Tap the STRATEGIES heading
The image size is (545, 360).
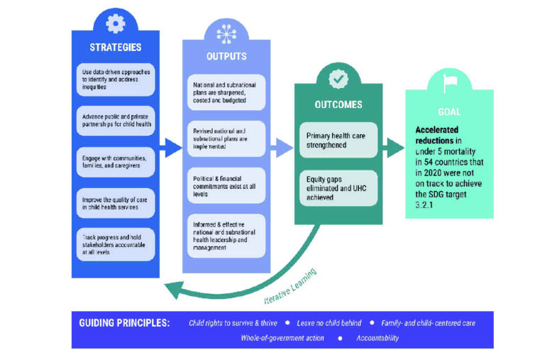coord(115,48)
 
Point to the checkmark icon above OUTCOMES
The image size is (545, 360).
coord(338,79)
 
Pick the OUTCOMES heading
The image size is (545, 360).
coord(338,104)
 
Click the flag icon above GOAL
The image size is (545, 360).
coord(448,84)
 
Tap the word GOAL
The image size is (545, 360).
coord(449,111)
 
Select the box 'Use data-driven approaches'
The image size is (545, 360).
coord(115,80)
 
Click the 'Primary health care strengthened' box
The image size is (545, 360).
coord(338,140)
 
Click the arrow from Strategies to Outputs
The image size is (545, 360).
coord(170,148)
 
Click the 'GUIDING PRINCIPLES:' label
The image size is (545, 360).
coord(125,322)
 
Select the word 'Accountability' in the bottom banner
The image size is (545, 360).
coord(378,338)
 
